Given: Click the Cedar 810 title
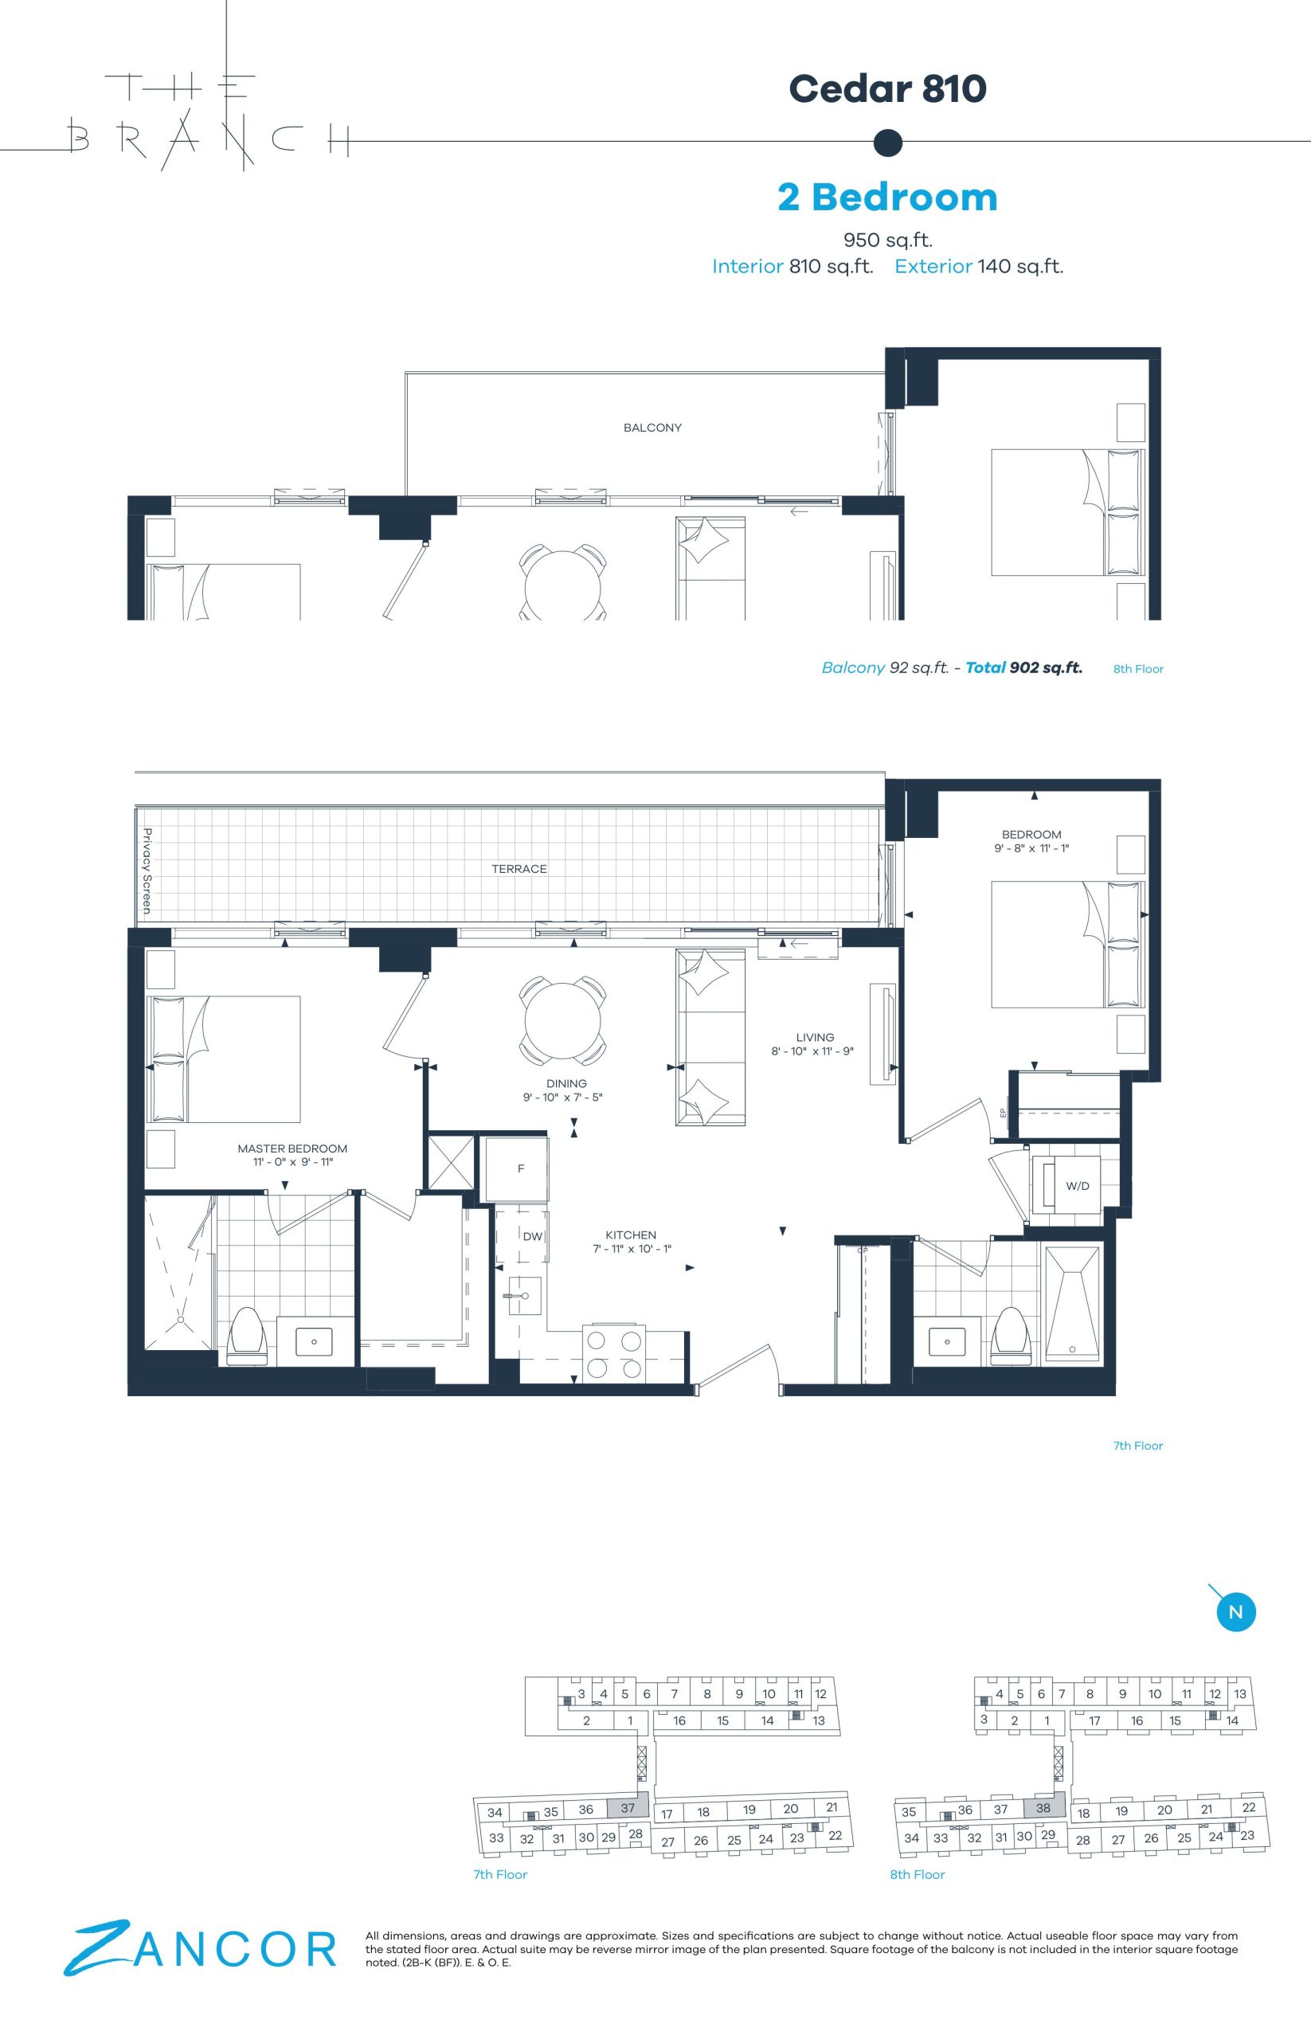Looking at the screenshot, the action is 887,88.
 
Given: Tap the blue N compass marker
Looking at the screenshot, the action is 1236,1611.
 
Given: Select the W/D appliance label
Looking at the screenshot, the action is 1077,1186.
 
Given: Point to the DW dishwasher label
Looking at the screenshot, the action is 532,1237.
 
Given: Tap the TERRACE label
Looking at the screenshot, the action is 519,868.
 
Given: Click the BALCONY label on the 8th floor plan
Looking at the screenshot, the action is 652,428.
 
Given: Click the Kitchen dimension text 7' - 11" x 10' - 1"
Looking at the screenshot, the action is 631,1249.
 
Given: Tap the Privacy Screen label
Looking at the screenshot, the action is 147,871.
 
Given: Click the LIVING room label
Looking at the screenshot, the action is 815,1037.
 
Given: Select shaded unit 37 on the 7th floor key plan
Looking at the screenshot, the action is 628,1808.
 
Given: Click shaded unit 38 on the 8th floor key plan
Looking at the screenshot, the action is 1043,1808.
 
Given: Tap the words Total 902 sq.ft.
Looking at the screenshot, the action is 1023,667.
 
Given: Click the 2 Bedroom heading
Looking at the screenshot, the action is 887,197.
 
